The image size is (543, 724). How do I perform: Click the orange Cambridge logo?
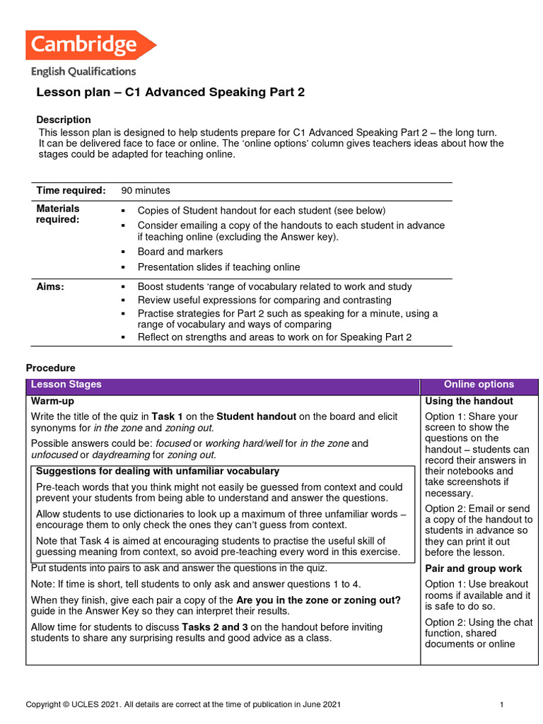(90, 45)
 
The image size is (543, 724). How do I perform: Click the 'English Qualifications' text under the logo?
(83, 71)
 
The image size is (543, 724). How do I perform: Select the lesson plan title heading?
(170, 93)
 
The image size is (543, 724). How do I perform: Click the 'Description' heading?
(64, 119)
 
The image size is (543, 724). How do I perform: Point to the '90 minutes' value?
(146, 190)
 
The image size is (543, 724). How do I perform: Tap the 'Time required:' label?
(71, 190)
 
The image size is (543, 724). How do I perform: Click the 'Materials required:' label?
(58, 214)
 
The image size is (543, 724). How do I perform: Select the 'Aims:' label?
(50, 286)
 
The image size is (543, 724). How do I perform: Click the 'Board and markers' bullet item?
(180, 252)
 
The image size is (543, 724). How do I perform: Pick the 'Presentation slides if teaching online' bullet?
(218, 267)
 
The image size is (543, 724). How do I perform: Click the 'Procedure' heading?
(50, 368)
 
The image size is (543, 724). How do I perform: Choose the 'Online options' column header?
(479, 385)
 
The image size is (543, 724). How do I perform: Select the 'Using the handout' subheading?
(469, 401)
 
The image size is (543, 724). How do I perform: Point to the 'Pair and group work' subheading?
(474, 568)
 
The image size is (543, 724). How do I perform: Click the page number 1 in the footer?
(501, 704)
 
